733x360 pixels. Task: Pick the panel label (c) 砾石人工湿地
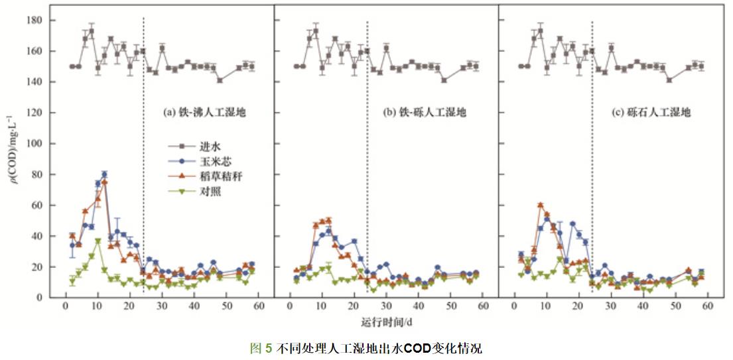651,113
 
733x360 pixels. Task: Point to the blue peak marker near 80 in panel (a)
104,174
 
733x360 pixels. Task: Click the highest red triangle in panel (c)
541,206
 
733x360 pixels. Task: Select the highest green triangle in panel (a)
98,241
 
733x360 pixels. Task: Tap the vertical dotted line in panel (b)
367,166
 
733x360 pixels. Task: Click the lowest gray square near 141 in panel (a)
220,80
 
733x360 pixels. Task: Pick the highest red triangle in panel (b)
328,220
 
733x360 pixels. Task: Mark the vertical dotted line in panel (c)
592,166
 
